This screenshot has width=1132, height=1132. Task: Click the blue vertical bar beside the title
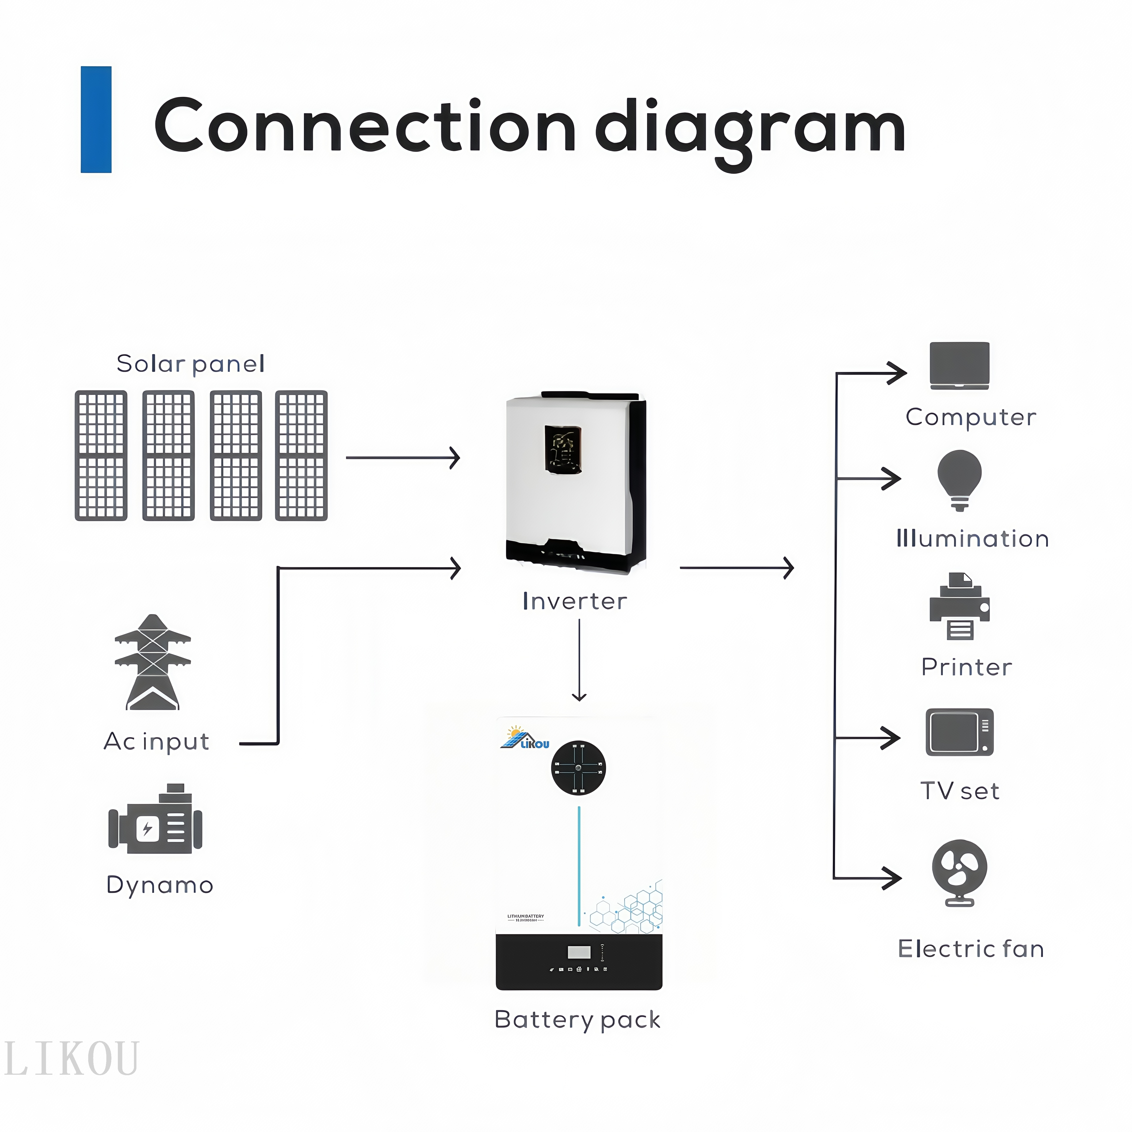click(x=96, y=120)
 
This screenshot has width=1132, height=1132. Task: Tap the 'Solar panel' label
click(x=190, y=364)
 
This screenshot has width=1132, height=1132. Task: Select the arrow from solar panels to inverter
click(x=403, y=458)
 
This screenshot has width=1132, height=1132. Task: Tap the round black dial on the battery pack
click(x=578, y=768)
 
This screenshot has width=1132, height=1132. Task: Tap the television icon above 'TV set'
click(x=959, y=732)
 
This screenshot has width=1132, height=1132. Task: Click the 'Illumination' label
click(x=973, y=538)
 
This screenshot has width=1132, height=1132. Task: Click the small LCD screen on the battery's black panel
click(x=579, y=952)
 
